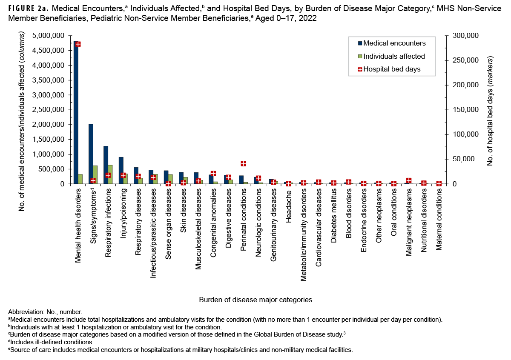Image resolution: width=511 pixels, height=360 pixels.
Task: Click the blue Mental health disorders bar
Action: click(76, 113)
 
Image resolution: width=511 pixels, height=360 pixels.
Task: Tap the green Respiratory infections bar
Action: click(110, 174)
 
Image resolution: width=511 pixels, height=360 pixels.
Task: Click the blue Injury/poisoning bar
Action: click(121, 171)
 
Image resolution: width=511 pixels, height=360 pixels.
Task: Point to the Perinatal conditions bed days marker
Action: click(244, 163)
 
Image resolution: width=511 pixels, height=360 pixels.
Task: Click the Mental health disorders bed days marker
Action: click(78, 44)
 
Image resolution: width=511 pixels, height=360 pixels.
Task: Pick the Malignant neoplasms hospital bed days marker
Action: click(409, 180)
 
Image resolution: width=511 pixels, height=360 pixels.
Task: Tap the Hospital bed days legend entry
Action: click(392, 69)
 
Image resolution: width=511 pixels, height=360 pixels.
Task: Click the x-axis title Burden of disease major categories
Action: click(255, 300)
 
